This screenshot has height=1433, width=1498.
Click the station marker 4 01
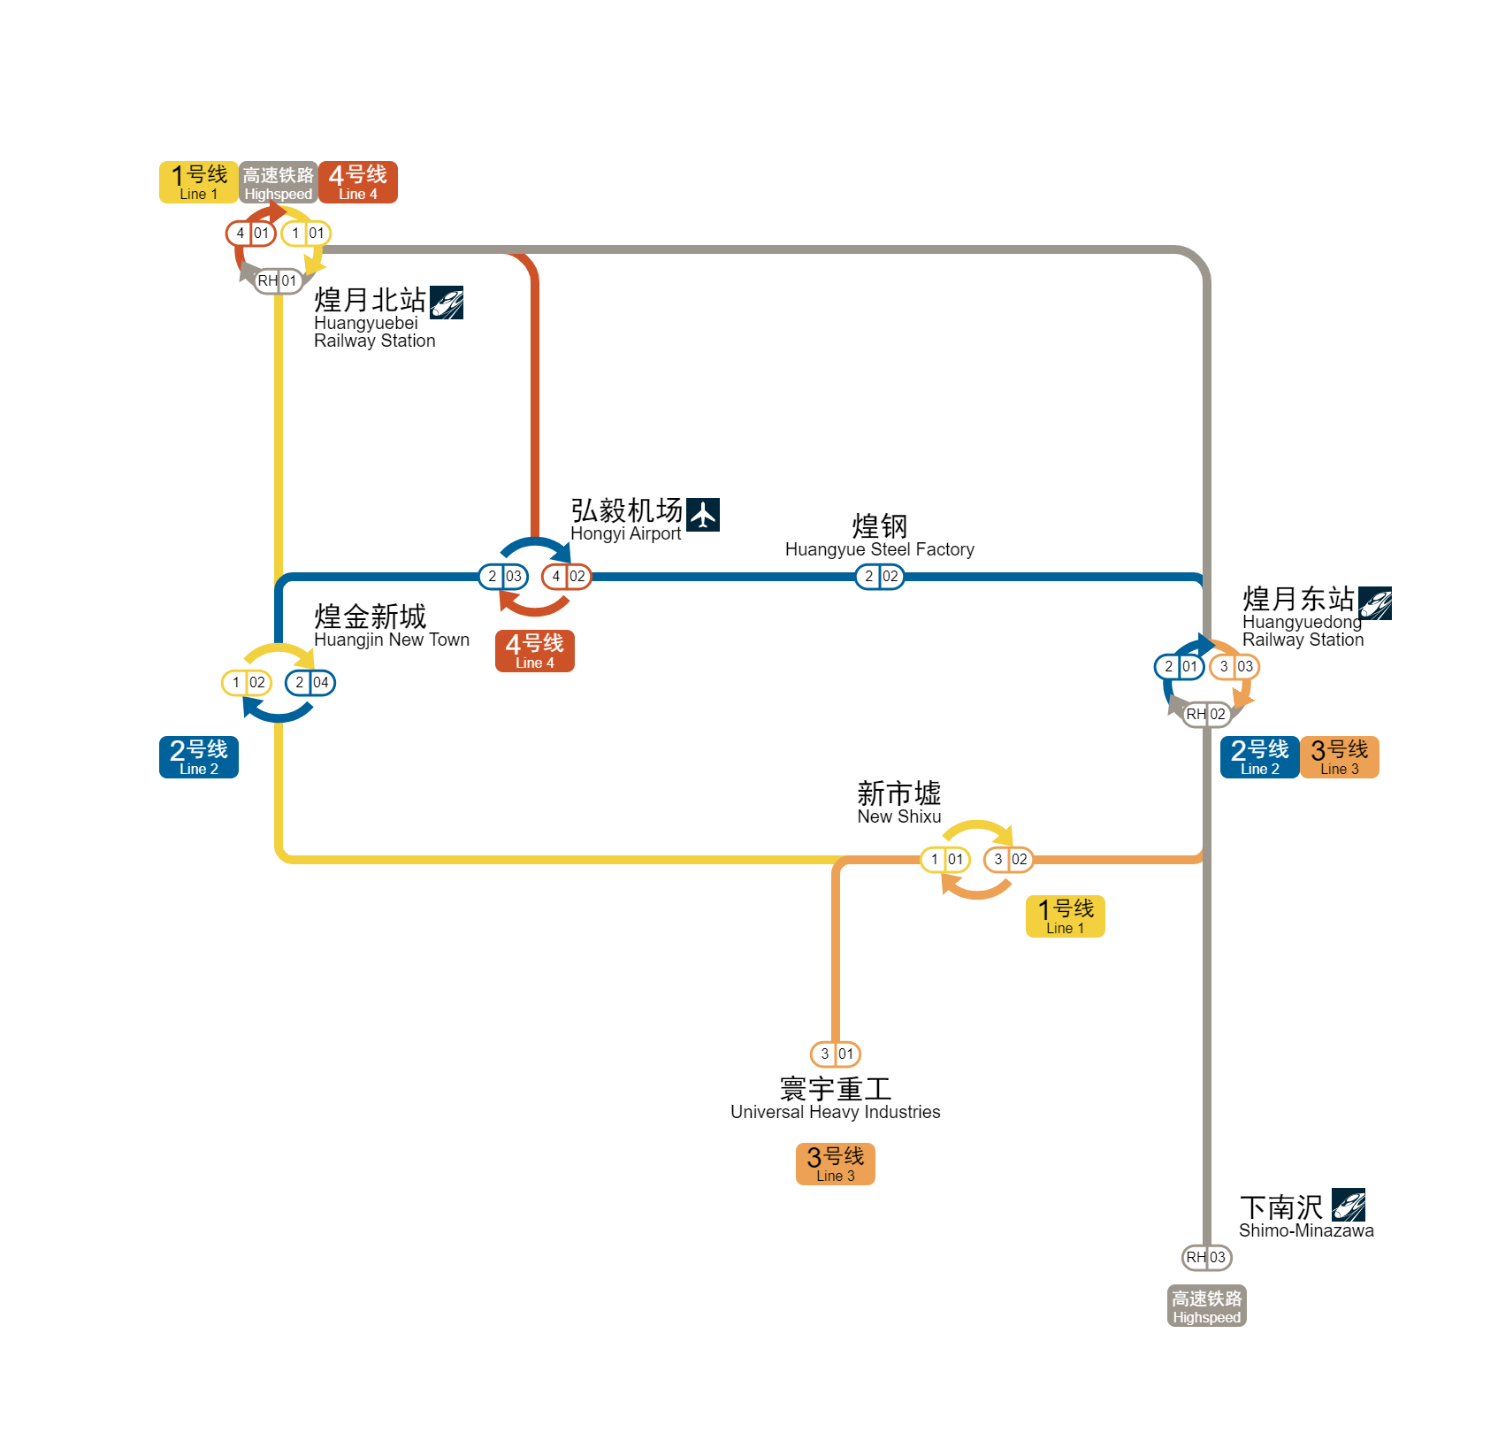tap(250, 234)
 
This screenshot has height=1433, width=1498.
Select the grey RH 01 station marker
tap(278, 281)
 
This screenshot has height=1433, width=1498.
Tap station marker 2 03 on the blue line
tap(503, 577)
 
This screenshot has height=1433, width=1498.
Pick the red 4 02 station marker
tap(567, 577)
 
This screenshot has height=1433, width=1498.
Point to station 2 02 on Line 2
tap(880, 577)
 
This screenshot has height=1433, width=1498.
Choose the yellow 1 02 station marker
tap(247, 683)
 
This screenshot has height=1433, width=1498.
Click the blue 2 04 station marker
tap(310, 683)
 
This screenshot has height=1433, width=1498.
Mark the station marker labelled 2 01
tap(1180, 667)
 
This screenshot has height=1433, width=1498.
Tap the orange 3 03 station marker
tap(1234, 667)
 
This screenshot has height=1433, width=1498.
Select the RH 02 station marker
tap(1206, 715)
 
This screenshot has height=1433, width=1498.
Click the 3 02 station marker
tap(1009, 860)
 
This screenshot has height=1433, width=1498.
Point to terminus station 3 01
tap(836, 1054)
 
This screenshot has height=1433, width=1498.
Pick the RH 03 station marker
tap(1206, 1258)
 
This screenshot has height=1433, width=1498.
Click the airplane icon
tap(703, 515)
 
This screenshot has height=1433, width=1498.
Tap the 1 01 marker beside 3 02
tap(945, 860)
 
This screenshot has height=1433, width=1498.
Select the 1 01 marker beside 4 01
tap(306, 234)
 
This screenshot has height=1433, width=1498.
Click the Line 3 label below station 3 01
tap(836, 1164)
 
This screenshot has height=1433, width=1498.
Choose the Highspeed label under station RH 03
tap(1207, 1306)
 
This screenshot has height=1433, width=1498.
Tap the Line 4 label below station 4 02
tap(535, 651)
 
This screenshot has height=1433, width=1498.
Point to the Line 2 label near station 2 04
tap(199, 757)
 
